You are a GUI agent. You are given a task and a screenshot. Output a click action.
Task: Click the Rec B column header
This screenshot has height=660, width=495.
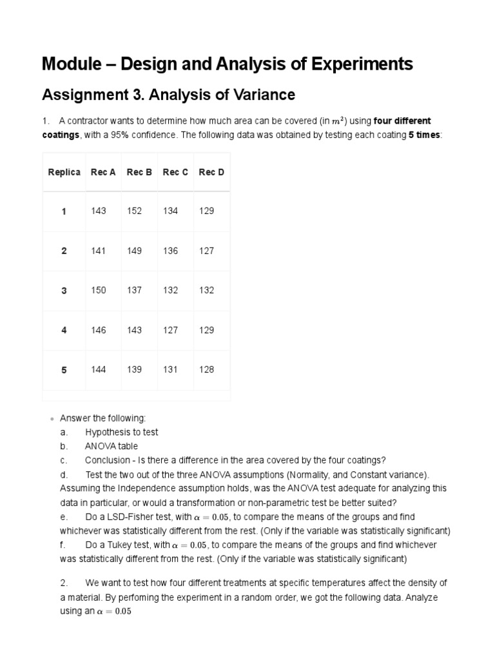pyautogui.click(x=139, y=172)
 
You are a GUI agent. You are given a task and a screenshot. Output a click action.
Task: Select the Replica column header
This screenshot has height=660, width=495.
pyautogui.click(x=64, y=172)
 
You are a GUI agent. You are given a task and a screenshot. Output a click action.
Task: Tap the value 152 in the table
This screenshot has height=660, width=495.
pyautogui.click(x=134, y=211)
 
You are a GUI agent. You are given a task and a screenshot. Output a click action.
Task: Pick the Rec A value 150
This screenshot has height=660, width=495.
pyautogui.click(x=98, y=291)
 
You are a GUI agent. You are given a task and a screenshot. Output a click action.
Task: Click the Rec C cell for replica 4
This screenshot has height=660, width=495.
pyautogui.click(x=170, y=330)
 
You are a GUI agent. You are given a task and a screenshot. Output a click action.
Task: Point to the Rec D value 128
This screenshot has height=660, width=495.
pyautogui.click(x=206, y=369)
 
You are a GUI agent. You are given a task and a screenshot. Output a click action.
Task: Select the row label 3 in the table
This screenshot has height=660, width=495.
pyautogui.click(x=64, y=291)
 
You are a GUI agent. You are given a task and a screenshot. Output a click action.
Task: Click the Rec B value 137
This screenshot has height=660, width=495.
pyautogui.click(x=134, y=291)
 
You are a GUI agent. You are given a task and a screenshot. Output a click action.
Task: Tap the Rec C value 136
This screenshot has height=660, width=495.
pyautogui.click(x=170, y=251)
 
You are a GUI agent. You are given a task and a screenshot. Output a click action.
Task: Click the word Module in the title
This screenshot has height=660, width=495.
pyautogui.click(x=68, y=64)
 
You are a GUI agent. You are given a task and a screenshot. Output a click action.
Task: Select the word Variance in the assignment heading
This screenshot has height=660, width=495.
pyautogui.click(x=265, y=95)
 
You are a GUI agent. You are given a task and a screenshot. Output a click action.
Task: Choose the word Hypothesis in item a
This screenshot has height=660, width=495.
pyautogui.click(x=108, y=432)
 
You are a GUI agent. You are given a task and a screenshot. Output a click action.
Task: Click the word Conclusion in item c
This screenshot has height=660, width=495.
pyautogui.click(x=108, y=460)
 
